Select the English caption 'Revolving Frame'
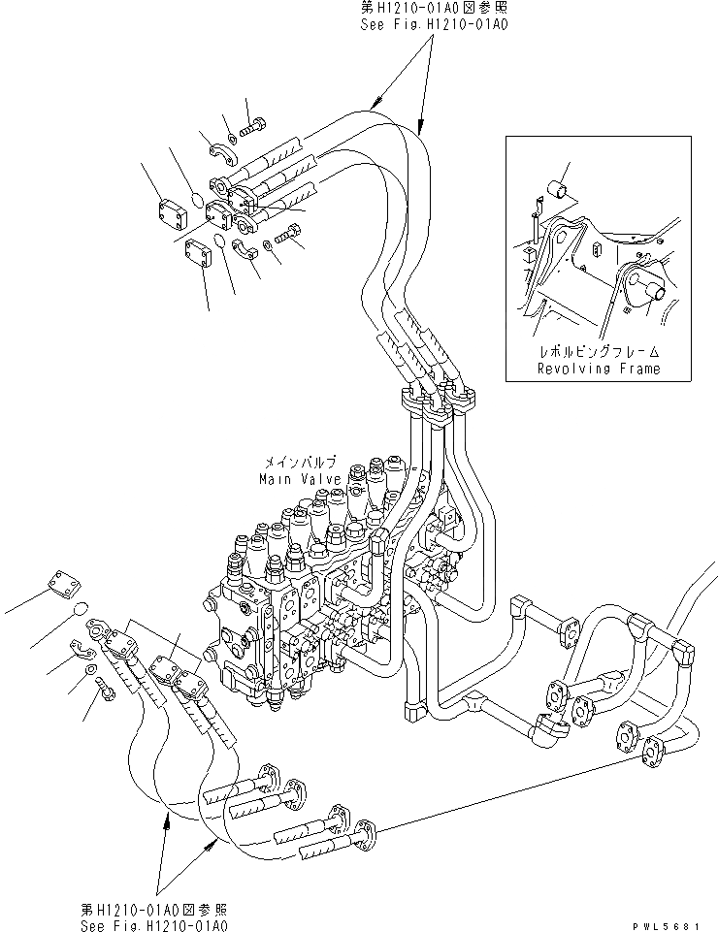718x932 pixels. pyautogui.click(x=600, y=369)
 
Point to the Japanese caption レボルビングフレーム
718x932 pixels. pyautogui.click(x=600, y=354)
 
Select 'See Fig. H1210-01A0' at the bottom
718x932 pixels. pyautogui.click(x=155, y=926)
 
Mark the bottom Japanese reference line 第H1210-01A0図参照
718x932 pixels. pyautogui.click(x=155, y=910)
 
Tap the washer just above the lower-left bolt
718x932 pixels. pyautogui.click(x=90, y=670)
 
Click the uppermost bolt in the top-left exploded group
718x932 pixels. pyautogui.click(x=255, y=124)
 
